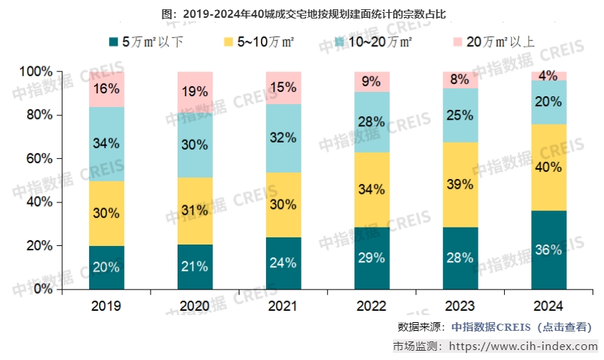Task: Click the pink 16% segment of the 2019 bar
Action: coord(106,89)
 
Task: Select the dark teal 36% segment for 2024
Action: coord(548,250)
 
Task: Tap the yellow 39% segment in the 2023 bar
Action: coord(460,185)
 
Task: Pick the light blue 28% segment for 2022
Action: coord(372,122)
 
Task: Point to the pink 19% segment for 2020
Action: coord(195,92)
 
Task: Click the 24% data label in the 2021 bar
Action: coord(283,262)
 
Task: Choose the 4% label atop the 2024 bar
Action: coord(548,76)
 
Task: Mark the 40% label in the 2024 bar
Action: coord(548,168)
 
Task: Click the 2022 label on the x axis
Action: coord(372,306)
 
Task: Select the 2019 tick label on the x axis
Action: coord(106,306)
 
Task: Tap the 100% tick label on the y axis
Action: coord(35,71)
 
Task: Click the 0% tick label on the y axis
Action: coord(41,289)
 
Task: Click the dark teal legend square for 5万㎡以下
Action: coord(113,42)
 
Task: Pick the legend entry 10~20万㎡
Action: coord(374,42)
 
